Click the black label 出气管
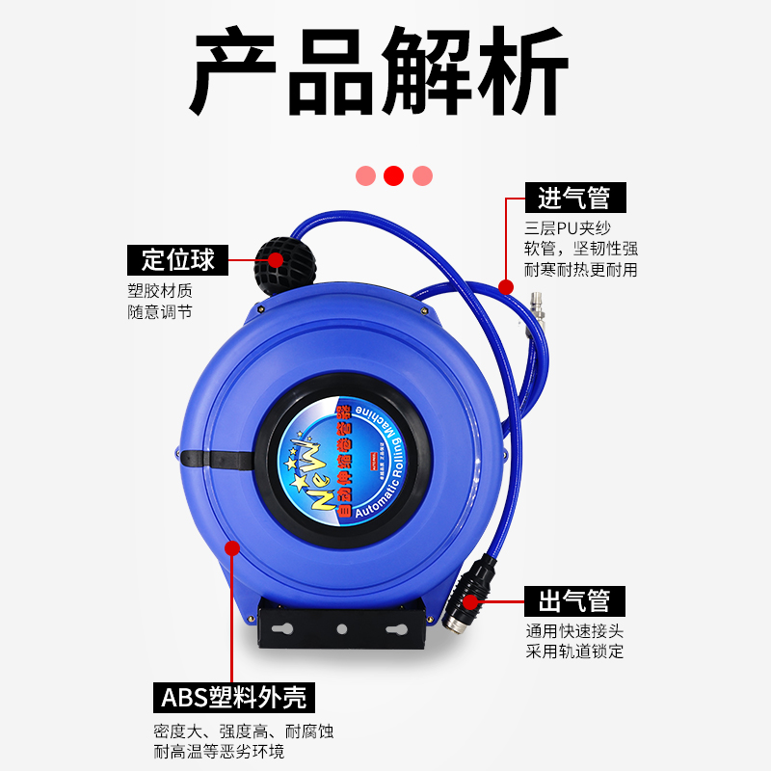click(x=573, y=600)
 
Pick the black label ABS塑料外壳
click(x=235, y=697)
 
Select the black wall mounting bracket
click(x=341, y=629)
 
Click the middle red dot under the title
click(x=393, y=175)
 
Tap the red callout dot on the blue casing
click(x=231, y=547)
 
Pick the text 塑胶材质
click(x=160, y=290)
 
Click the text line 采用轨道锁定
click(x=574, y=651)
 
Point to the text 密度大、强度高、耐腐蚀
click(x=244, y=731)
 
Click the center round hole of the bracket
click(x=341, y=628)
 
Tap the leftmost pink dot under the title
click(x=365, y=175)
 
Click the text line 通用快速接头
click(x=574, y=631)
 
